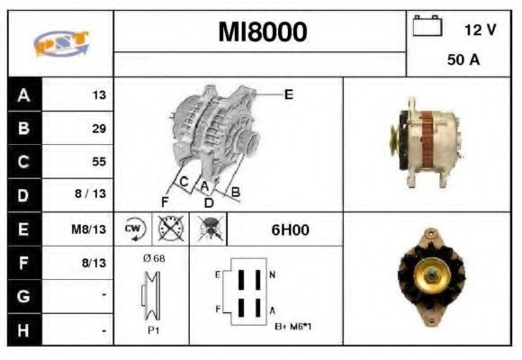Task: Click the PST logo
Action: click(x=61, y=43)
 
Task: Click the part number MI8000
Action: click(x=262, y=31)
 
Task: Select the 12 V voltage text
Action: click(x=480, y=30)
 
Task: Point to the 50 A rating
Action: click(x=463, y=59)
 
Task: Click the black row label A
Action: click(x=24, y=95)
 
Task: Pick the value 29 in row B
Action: click(x=99, y=128)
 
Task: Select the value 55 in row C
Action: click(x=99, y=161)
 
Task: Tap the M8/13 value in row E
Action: click(x=88, y=229)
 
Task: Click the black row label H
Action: click(x=24, y=330)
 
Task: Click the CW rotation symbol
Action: click(x=133, y=229)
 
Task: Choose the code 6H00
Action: click(x=290, y=229)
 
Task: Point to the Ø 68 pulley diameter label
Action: click(x=154, y=258)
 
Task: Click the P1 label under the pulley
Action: click(x=153, y=330)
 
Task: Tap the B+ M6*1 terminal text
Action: click(x=293, y=327)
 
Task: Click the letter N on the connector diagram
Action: click(x=273, y=274)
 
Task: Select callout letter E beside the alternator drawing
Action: click(x=289, y=94)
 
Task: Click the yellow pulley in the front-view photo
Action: click(x=432, y=275)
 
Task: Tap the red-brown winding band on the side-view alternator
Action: click(x=427, y=139)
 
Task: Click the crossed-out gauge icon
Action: click(x=170, y=229)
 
